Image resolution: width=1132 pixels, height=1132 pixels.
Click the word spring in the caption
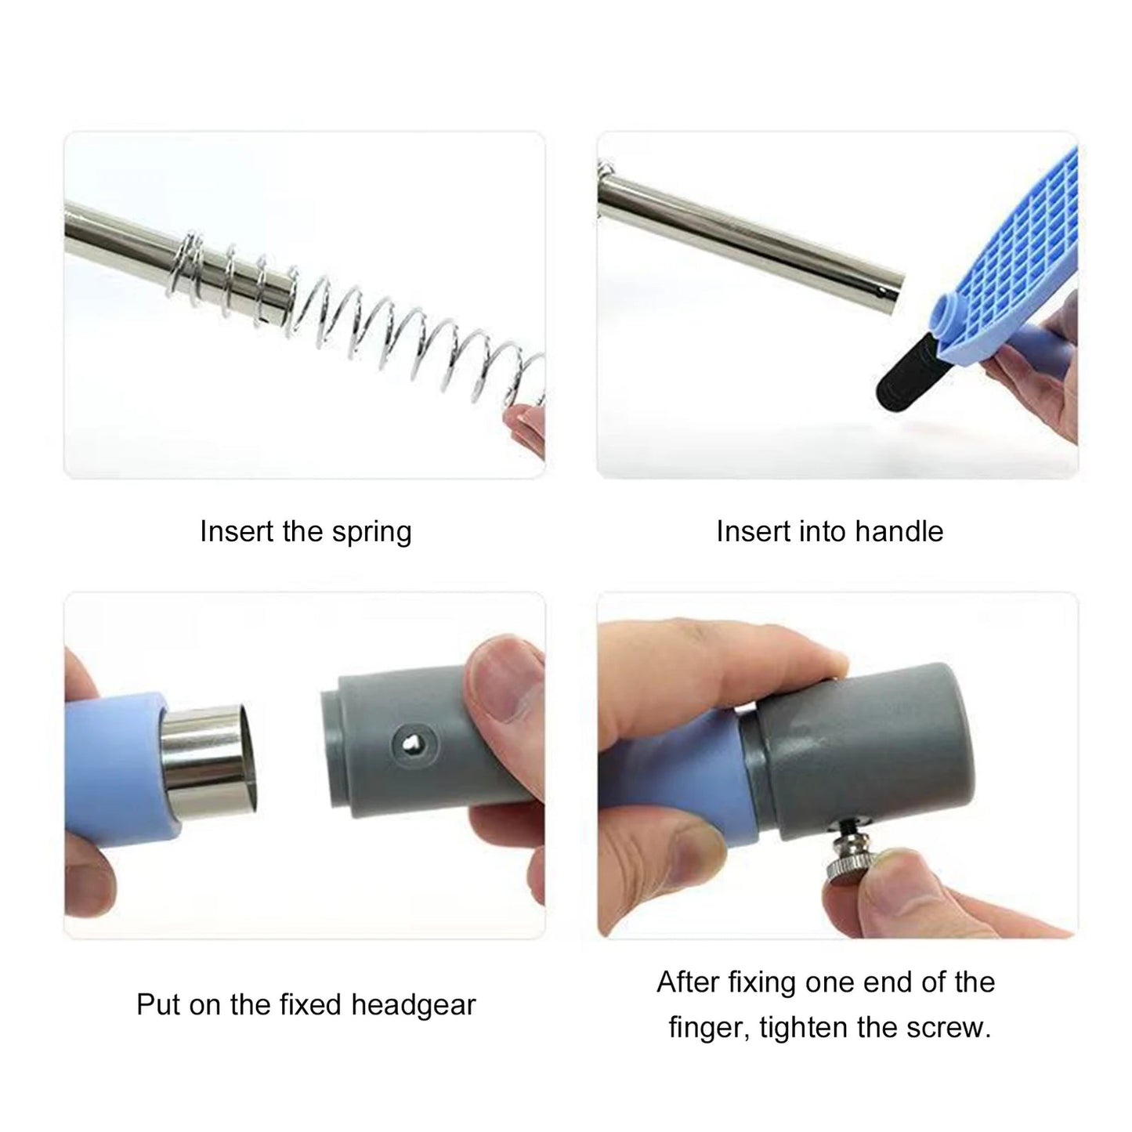coord(371,533)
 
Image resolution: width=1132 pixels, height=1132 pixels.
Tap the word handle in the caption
coord(899,531)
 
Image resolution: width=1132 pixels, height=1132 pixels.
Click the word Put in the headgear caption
coord(159,1004)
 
